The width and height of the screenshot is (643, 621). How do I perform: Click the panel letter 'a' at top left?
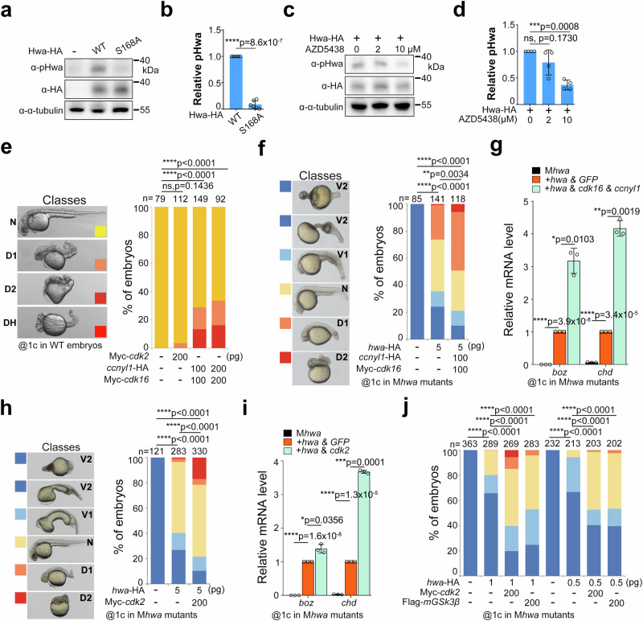[7, 9]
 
